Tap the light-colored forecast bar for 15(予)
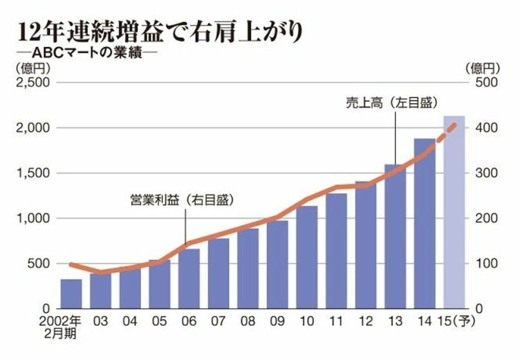[x=454, y=212]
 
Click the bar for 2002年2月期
[x=71, y=294]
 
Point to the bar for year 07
[x=218, y=273]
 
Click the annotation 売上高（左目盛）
[x=388, y=103]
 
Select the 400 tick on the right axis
[x=487, y=128]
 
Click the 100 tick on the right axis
[x=487, y=264]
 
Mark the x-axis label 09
[x=277, y=322]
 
